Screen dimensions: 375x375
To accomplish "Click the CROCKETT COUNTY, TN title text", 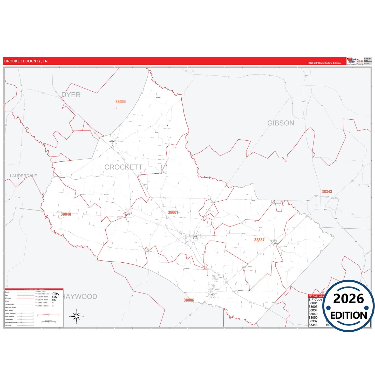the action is (x=26, y=61).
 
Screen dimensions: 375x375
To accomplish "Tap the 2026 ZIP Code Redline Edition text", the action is (x=324, y=63).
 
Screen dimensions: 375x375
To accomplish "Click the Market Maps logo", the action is (x=355, y=61).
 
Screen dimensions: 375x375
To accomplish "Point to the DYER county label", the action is (x=71, y=95).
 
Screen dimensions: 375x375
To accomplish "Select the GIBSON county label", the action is (x=281, y=123).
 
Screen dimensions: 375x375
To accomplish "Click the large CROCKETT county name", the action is (x=123, y=167).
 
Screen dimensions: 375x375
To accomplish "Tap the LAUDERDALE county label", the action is (x=23, y=176).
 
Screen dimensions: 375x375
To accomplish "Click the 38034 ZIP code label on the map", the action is (x=121, y=102).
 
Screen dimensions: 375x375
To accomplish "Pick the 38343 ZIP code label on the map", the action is (x=327, y=192).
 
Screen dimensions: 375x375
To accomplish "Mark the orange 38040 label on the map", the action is (x=66, y=214).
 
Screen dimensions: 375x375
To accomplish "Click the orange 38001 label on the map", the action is (x=173, y=212).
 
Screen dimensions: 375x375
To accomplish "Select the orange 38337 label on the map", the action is (x=259, y=240).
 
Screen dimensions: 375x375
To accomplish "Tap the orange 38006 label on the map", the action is (x=189, y=300).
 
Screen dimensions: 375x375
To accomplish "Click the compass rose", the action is (x=76, y=316).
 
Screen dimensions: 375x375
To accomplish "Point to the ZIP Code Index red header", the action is (x=316, y=296).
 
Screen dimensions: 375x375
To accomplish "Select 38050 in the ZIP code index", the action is (x=313, y=318).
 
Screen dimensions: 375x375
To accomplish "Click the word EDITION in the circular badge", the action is (x=349, y=316).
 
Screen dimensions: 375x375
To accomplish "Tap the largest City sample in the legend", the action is (x=56, y=294).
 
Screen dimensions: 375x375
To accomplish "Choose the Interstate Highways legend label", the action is (x=11, y=323).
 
